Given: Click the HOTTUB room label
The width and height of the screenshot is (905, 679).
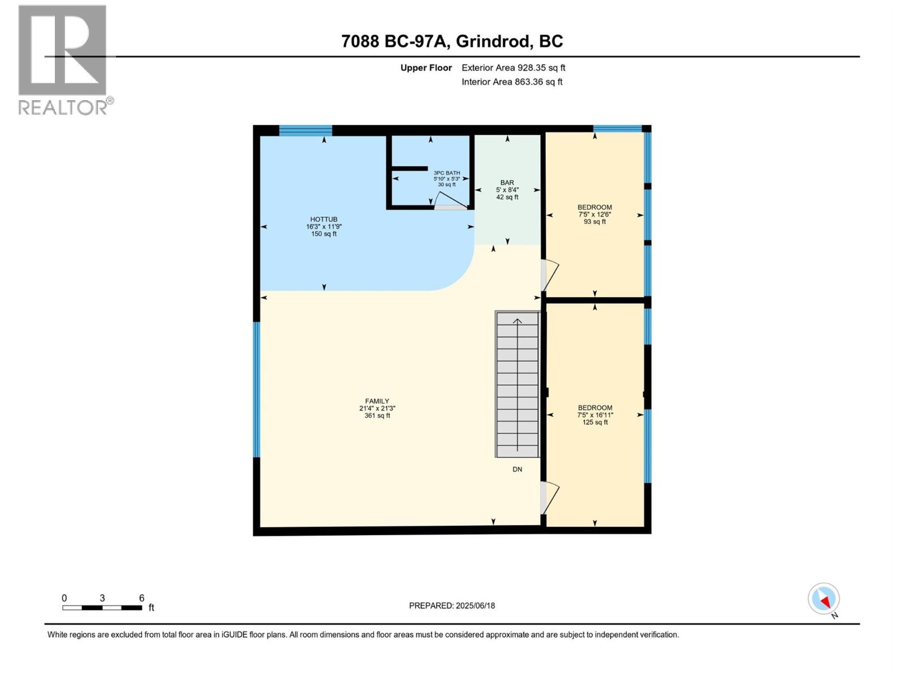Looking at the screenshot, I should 324,226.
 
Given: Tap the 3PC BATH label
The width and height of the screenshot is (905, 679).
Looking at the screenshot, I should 446,178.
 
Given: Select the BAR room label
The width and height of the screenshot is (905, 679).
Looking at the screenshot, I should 507,190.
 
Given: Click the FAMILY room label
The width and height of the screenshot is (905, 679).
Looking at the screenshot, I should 377,408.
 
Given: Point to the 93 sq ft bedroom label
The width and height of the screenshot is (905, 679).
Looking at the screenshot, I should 594,214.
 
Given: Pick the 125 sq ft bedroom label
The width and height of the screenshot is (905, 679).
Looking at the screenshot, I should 594,415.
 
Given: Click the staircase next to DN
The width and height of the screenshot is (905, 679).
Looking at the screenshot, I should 518,385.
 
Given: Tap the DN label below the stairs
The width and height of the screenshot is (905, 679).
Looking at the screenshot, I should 517,469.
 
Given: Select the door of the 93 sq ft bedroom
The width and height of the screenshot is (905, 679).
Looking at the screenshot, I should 550,275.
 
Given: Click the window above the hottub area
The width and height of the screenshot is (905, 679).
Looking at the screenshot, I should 305,131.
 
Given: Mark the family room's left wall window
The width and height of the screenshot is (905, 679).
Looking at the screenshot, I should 256,389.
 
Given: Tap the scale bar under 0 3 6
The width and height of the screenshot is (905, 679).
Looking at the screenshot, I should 102,608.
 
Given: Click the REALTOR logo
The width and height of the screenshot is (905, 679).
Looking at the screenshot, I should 63,59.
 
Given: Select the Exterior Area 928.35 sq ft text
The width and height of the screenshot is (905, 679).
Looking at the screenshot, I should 513,68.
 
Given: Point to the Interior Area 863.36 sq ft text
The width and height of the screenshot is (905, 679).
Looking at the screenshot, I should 512,82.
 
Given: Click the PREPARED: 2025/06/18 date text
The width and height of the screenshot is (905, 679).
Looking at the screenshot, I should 452,605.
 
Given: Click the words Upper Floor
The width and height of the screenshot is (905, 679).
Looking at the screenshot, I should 426,68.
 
